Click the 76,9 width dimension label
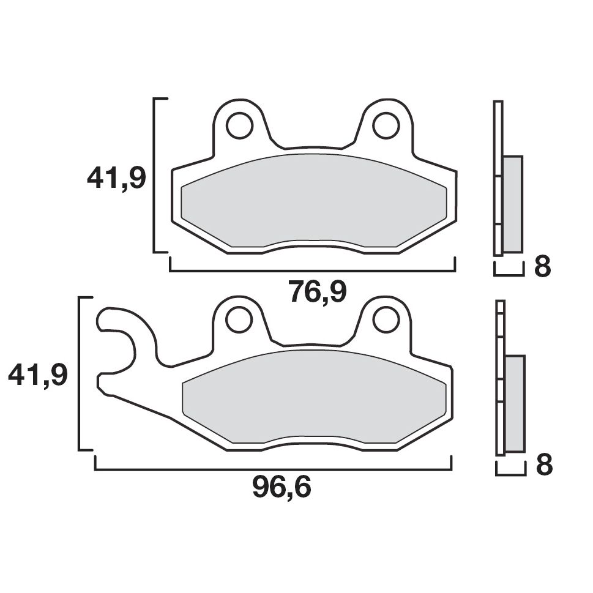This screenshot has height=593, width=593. tap(318, 293)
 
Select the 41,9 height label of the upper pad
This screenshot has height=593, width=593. tap(116, 179)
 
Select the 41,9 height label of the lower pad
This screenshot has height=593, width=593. tap(37, 375)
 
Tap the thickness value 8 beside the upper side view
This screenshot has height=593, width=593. tap(542, 267)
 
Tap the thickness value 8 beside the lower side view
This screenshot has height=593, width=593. tap(544, 466)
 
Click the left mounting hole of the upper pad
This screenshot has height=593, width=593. tap(239, 126)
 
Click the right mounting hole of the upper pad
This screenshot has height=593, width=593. tap(386, 126)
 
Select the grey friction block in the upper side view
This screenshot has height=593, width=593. tap(512, 203)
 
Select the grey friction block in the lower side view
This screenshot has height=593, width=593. tap(515, 403)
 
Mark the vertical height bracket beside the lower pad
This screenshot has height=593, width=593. tap(80, 373)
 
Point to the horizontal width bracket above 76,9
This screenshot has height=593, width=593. tap(312, 270)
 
